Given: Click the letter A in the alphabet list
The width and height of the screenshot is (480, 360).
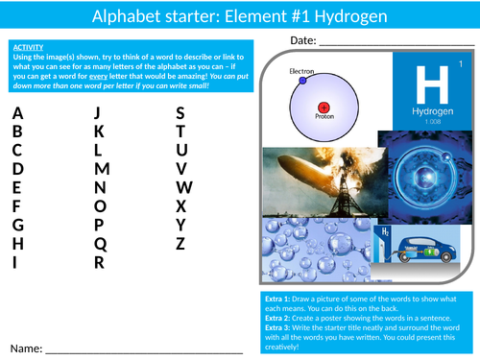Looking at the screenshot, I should click(x=17, y=112).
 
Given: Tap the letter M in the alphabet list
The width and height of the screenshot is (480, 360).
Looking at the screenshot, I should click(x=102, y=169).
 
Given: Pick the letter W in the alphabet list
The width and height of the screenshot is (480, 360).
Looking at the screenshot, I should click(x=184, y=187).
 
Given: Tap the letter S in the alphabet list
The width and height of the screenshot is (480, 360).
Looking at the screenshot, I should click(x=180, y=112).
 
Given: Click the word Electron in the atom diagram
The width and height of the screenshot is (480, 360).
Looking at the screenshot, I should click(x=301, y=71).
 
